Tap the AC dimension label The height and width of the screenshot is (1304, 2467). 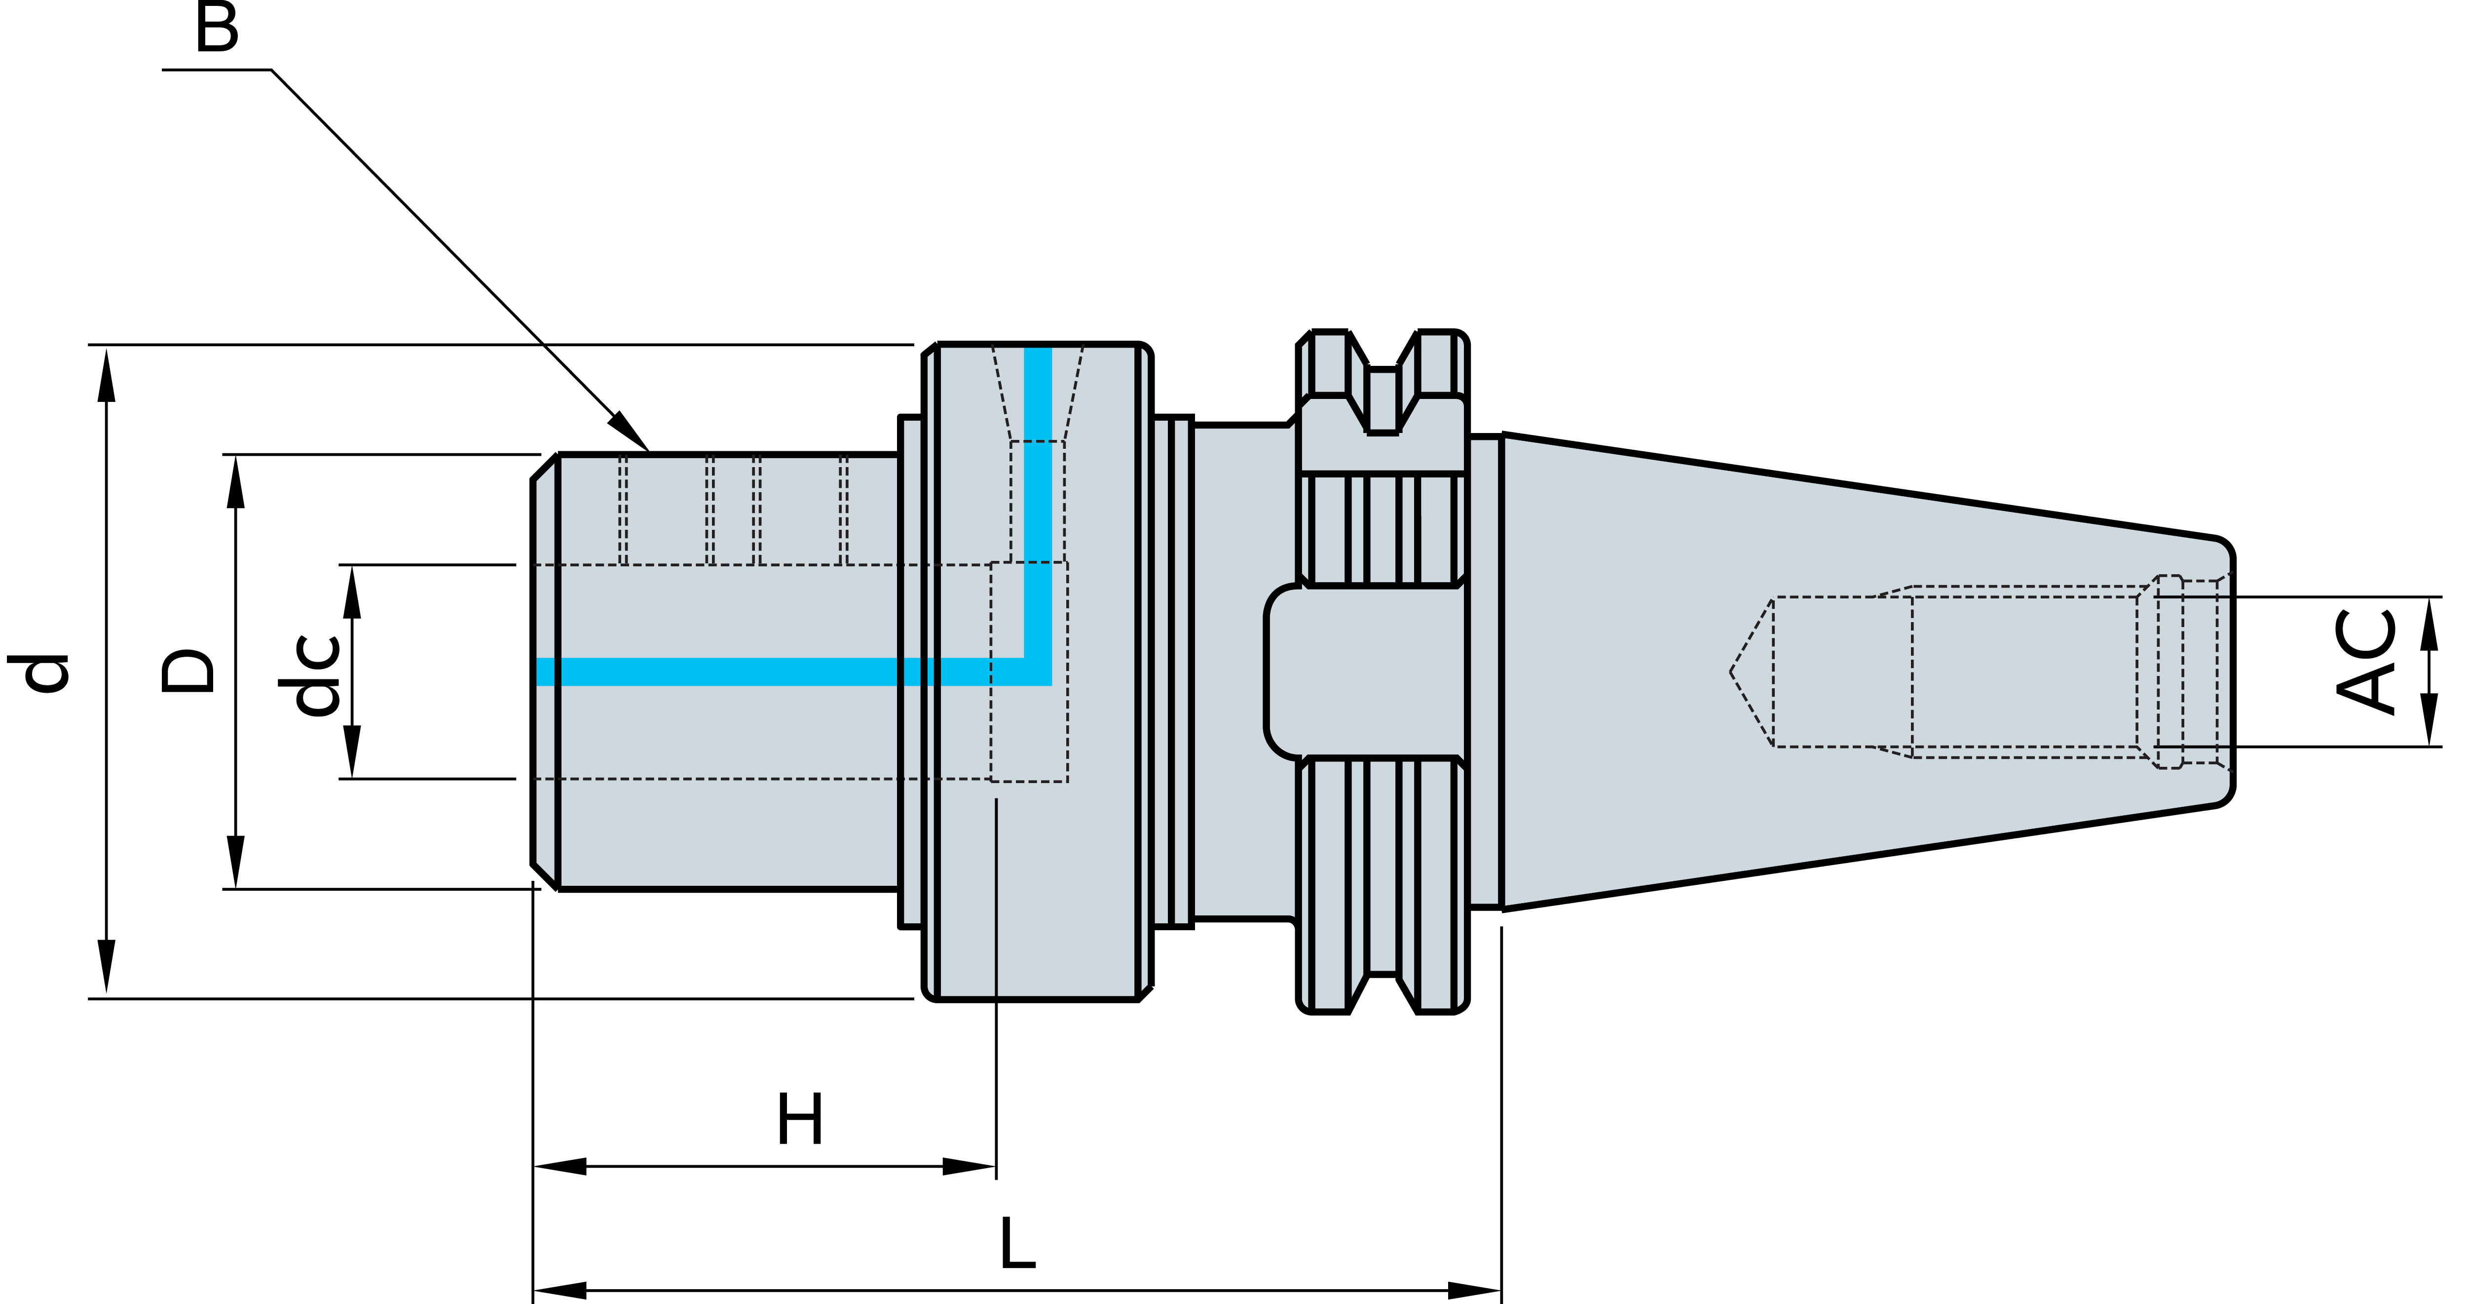[2365, 661]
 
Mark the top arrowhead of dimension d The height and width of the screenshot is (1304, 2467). [106, 374]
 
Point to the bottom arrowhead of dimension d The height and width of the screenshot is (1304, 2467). [106, 968]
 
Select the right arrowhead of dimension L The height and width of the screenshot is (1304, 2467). [1475, 1291]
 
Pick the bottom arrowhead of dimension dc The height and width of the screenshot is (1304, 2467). [351, 752]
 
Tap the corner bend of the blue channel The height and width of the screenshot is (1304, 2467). [1038, 672]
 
